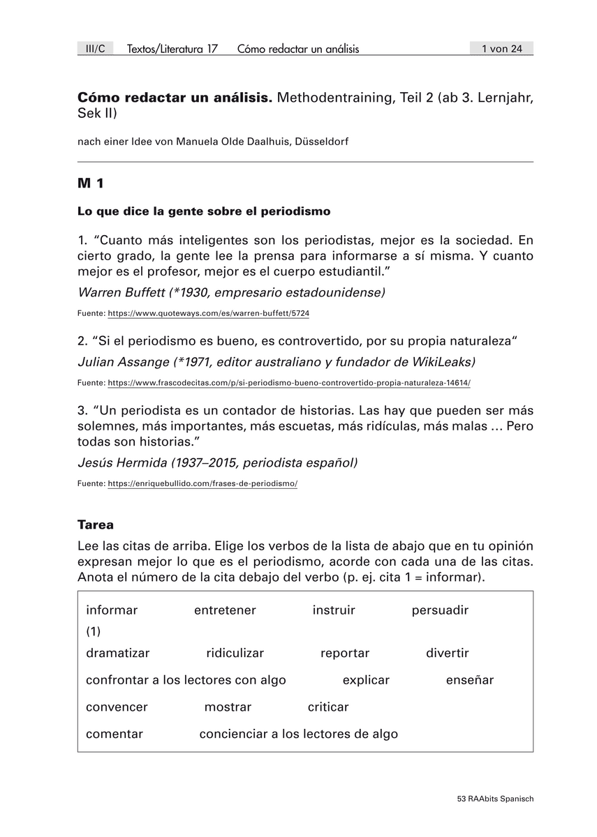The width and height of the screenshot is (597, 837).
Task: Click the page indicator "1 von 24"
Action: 501,48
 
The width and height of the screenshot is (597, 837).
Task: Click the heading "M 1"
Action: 91,184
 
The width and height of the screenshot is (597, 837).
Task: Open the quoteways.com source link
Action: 208,314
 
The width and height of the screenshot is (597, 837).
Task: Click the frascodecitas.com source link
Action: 289,383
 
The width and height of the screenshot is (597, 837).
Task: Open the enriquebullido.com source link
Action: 202,483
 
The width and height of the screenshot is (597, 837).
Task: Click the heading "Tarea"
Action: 96,525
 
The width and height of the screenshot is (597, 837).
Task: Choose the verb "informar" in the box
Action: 112,610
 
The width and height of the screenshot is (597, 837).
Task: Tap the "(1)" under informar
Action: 94,631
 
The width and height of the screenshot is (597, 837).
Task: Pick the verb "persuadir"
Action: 440,610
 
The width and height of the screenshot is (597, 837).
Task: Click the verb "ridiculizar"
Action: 235,654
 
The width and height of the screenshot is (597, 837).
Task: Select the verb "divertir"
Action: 448,654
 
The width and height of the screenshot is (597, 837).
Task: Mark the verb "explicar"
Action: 366,680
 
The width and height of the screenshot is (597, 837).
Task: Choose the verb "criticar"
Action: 328,707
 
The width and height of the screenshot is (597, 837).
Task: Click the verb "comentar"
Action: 115,734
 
